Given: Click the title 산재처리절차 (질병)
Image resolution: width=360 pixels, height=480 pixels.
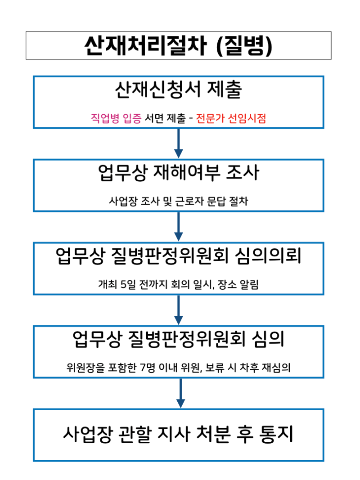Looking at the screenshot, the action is tap(179, 45).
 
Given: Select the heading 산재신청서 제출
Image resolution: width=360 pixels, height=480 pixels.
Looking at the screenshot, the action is tap(179, 90).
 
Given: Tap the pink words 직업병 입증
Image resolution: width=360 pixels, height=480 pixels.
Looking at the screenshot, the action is tap(116, 118).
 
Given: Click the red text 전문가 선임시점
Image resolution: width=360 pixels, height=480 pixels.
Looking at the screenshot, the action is tap(231, 118).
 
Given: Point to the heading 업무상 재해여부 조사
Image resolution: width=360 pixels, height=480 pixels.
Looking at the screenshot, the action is tap(179, 173).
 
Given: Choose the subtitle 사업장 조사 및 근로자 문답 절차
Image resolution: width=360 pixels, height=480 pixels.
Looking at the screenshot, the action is tap(179, 201).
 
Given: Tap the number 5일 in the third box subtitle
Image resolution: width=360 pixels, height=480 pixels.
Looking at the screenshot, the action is tap(128, 284).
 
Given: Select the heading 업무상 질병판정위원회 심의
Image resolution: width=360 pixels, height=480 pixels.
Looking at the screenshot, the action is tap(179, 339).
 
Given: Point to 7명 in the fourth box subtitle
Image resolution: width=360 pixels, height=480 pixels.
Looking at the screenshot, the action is tap(148, 368).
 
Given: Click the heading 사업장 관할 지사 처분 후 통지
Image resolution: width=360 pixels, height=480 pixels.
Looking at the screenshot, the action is tap(179, 434).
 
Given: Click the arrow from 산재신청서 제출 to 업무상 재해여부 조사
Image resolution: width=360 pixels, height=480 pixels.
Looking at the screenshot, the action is tap(179, 143).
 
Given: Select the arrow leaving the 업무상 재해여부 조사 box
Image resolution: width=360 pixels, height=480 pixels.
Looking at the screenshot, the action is tap(179, 227).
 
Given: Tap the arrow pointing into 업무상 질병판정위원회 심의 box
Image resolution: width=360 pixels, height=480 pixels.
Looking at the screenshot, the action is tap(179, 310).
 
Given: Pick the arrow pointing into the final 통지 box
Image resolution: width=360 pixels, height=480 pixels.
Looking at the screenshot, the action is tap(180, 393).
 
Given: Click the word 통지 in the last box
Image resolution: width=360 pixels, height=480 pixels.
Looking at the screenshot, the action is tap(276, 434).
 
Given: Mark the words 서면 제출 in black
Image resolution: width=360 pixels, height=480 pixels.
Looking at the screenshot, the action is tap(165, 118).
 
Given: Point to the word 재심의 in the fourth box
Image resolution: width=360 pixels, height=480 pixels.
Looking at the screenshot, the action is tap(276, 368).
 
